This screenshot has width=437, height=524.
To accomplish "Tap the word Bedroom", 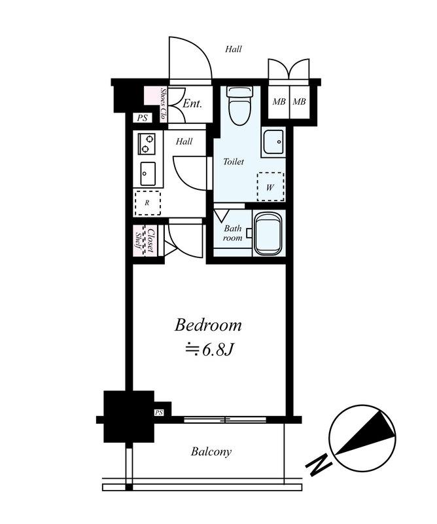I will pyautogui.click(x=208, y=325).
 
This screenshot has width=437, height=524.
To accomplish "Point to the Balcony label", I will pyautogui.click(x=211, y=451).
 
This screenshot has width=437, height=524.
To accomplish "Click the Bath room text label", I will pyautogui.click(x=233, y=233).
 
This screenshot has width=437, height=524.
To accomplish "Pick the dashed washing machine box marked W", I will pyautogui.click(x=270, y=186).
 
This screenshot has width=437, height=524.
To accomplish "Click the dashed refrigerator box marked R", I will pyautogui.click(x=147, y=202).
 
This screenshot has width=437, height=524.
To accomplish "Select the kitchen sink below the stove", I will pyautogui.click(x=147, y=173).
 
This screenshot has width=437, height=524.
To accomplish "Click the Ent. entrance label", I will pyautogui.click(x=192, y=103).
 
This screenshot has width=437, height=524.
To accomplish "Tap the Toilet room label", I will pyautogui.click(x=234, y=162).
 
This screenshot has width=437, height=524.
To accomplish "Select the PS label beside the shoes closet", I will pyautogui.click(x=143, y=119).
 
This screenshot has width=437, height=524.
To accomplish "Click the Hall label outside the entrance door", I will pyautogui.click(x=234, y=48).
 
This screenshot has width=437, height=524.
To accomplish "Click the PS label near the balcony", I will pyautogui.click(x=158, y=413).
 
